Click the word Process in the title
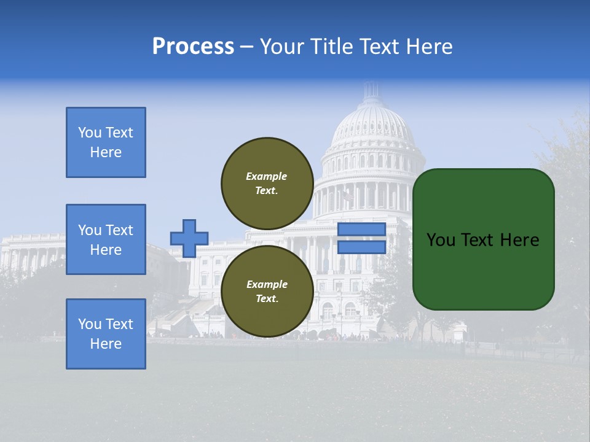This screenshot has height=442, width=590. (193, 47)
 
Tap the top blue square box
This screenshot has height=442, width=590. (106, 142)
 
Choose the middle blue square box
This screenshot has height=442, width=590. (106, 239)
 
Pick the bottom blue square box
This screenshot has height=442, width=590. (106, 334)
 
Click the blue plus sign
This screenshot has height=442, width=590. (189, 238)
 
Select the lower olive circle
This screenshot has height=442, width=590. (267, 291)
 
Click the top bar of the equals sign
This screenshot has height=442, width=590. (362, 230)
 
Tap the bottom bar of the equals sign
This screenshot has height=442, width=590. (362, 247)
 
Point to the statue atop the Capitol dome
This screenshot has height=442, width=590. (372, 86)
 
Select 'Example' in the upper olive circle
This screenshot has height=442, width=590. (267, 176)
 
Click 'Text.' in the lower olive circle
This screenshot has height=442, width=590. (267, 299)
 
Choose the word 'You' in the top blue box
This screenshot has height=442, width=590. (90, 133)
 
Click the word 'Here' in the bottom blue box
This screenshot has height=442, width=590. (106, 344)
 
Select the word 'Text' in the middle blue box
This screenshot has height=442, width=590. (119, 230)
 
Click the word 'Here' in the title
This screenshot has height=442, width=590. (428, 47)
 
